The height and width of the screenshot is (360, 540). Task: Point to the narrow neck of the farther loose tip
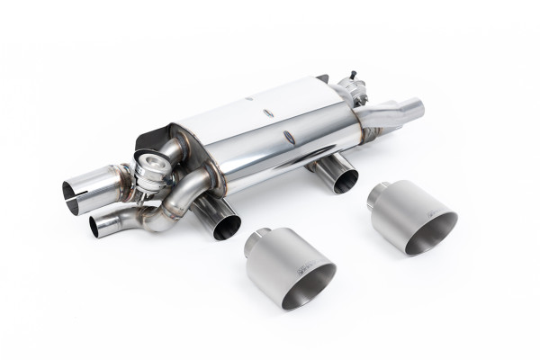pyautogui.click(x=378, y=189)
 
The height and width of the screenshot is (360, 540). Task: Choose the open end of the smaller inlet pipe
pyautogui.click(x=98, y=227)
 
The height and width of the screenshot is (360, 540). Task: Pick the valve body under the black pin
pyautogui.click(x=348, y=91)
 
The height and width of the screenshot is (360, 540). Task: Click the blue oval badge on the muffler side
pyautogui.click(x=288, y=137)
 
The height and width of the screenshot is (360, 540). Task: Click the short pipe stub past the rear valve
pyautogui.click(x=409, y=108)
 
